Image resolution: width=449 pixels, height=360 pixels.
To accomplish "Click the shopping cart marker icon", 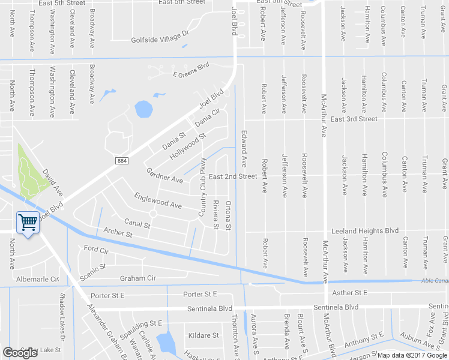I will click(x=28, y=223).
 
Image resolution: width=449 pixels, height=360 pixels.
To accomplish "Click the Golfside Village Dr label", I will click(x=160, y=40).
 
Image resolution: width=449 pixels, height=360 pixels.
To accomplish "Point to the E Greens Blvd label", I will click(x=190, y=74).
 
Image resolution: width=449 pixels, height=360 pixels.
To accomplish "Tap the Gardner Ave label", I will click(x=164, y=175).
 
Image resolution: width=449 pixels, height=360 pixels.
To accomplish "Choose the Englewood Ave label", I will click(x=158, y=200).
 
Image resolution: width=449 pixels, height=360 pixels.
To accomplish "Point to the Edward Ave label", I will click(x=244, y=148).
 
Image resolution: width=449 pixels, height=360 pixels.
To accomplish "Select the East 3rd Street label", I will click(x=354, y=119).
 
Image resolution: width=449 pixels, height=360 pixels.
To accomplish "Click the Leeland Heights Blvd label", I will click(x=365, y=230).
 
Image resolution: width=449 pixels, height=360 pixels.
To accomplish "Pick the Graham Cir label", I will click(x=137, y=278).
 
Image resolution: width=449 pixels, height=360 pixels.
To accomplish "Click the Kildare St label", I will click(x=203, y=335).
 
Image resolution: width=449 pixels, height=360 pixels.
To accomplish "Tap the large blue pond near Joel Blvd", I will click(x=144, y=109).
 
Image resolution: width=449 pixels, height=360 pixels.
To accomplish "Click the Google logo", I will click(x=20, y=353).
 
